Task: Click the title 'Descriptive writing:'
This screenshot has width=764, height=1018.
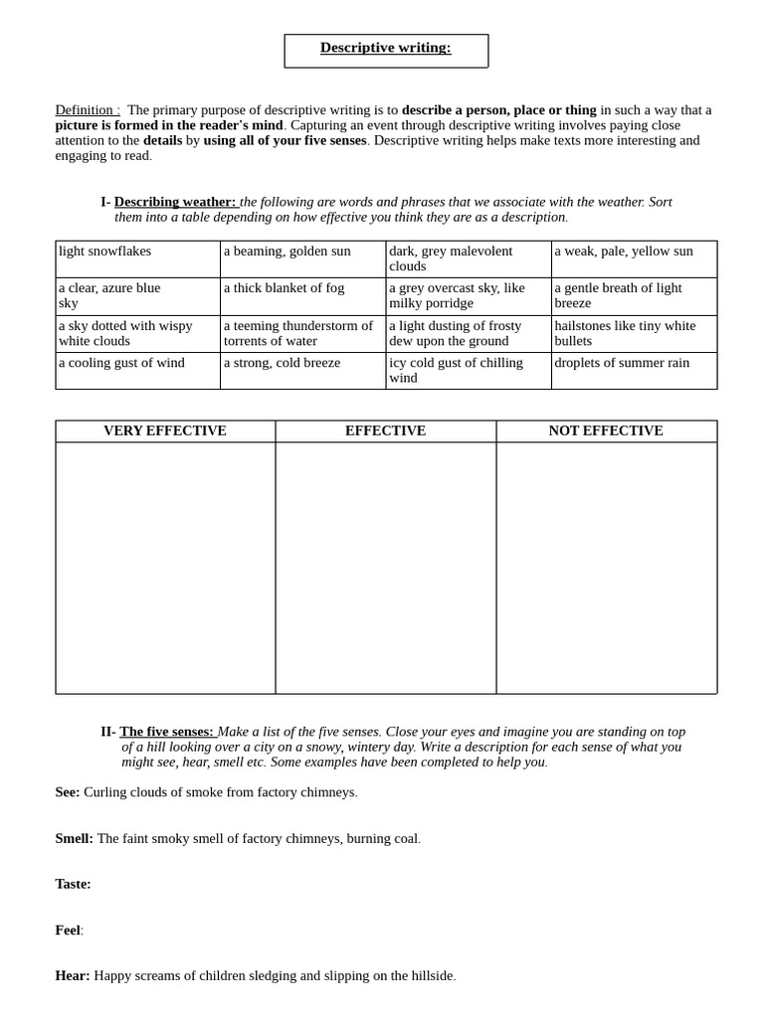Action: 385,48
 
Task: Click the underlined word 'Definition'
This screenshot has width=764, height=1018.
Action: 85,110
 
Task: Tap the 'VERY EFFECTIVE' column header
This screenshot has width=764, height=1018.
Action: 165,431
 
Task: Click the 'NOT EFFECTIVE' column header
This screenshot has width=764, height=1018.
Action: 606,431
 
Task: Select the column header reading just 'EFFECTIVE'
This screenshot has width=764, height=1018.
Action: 385,431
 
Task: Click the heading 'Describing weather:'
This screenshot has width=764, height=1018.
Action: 174,202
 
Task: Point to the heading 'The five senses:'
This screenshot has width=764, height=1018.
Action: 166,732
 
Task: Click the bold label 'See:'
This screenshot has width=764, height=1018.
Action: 68,792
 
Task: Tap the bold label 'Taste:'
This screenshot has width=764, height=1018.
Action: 73,884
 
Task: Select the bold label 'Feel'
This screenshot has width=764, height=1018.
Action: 68,931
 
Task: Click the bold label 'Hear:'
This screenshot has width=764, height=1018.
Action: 73,976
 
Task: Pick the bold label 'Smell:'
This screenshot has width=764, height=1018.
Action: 74,838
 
